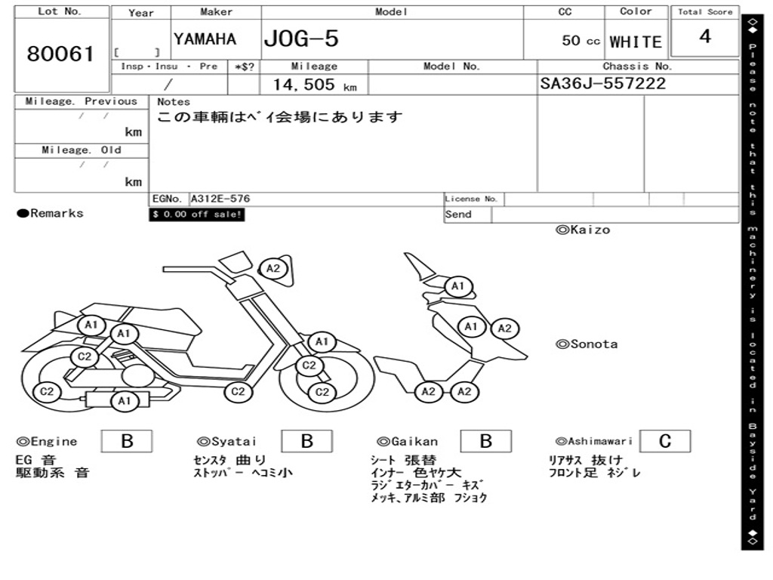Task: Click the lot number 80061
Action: (60, 54)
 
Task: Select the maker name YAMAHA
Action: (205, 39)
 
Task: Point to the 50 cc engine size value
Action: (581, 41)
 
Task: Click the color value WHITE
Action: (636, 42)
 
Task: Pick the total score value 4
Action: (705, 37)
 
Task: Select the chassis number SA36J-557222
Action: (603, 84)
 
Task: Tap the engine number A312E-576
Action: (220, 199)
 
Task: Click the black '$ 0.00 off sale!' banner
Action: (197, 215)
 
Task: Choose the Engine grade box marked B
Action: (127, 441)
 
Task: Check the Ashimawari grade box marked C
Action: (664, 441)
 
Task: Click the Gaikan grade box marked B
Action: (486, 441)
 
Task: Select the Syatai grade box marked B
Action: (306, 441)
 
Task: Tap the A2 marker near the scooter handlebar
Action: (273, 268)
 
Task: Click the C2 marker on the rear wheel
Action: (47, 391)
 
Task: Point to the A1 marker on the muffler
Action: (125, 402)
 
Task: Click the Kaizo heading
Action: (583, 230)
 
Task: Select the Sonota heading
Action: (587, 344)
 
